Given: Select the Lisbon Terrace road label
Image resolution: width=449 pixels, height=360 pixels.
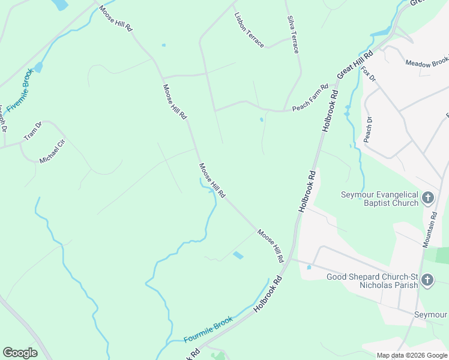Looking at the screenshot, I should (249, 29).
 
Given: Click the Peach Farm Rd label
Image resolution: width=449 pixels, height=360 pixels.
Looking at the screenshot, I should (310, 97).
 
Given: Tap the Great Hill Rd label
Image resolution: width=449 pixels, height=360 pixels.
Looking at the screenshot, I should (355, 62).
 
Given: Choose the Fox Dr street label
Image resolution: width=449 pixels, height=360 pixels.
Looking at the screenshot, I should (369, 74).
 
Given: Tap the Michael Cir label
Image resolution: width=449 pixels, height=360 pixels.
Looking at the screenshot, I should (52, 152).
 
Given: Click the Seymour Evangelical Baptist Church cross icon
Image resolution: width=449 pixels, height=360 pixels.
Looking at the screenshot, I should (428, 198).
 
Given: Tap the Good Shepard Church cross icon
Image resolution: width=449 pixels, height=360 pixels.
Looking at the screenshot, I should (427, 280).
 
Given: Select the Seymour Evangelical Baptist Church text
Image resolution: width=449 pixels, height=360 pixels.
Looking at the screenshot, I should (379, 199).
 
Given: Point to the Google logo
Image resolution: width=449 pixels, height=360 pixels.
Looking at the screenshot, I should (20, 352).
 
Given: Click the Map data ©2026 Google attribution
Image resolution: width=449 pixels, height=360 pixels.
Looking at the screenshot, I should (411, 355).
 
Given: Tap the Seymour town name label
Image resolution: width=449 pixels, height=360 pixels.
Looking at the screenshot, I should (432, 314).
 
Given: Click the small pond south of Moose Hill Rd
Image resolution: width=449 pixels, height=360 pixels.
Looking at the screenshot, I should (238, 256).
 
